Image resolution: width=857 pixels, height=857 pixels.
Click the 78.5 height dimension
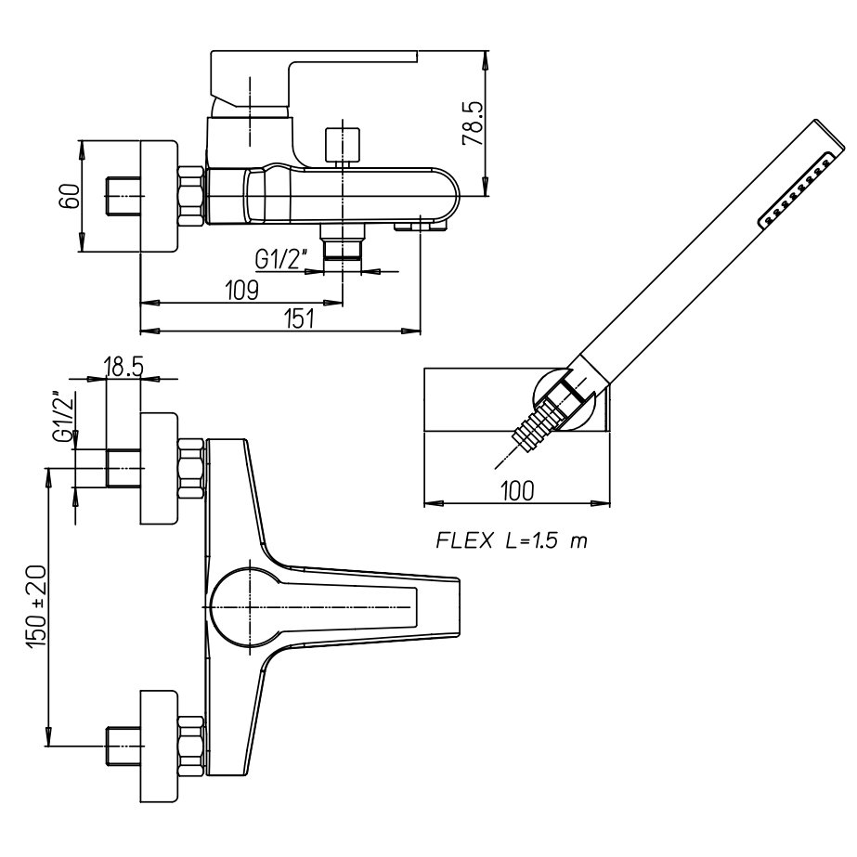click(474, 123)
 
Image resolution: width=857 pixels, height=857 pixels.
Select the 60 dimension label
click(70, 196)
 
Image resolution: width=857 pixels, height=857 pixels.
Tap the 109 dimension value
click(242, 291)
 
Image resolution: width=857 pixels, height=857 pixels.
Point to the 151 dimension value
click(299, 318)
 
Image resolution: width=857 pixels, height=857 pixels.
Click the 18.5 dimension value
click(123, 367)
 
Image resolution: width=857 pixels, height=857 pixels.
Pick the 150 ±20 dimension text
click(38, 606)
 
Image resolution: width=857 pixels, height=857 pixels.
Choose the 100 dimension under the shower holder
click(516, 491)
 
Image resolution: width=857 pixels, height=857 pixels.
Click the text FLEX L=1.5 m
click(512, 540)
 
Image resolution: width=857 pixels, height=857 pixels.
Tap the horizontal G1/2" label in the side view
click(282, 259)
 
